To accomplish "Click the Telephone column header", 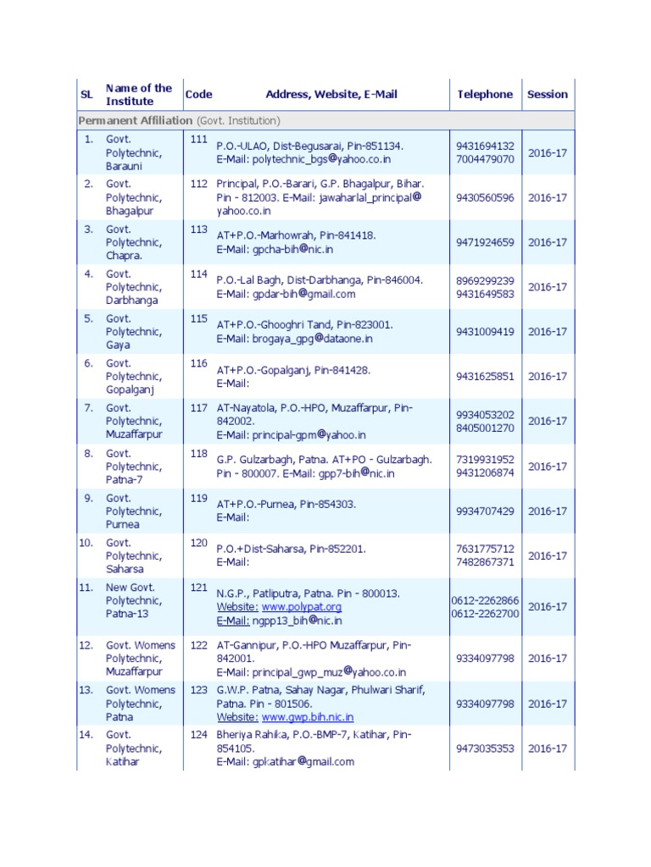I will (485, 95).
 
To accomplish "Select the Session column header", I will (547, 95).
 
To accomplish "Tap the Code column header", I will (198, 95).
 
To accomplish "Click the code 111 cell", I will (198, 139).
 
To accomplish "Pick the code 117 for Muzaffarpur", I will (198, 408).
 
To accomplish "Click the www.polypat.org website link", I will (302, 607).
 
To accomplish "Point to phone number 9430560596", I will (485, 198).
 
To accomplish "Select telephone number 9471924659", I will (485, 243).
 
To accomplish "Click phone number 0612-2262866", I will (485, 600).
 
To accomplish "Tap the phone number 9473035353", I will (485, 748).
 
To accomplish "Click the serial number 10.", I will (86, 543).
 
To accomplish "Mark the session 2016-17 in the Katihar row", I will (548, 748).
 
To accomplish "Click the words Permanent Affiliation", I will (135, 121).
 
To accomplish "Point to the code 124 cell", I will (198, 735).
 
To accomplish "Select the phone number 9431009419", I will (485, 332).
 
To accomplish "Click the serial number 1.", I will (88, 139).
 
